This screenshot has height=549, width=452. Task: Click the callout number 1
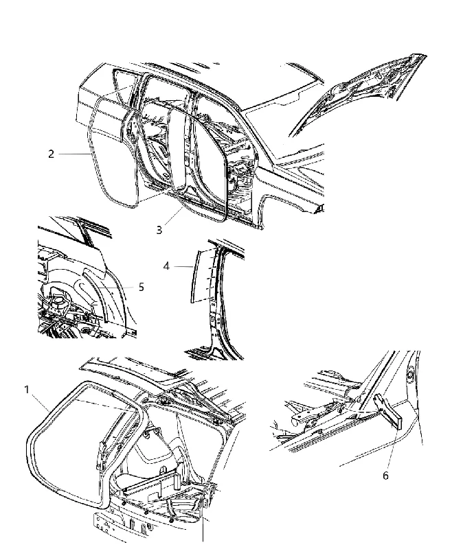(27, 389)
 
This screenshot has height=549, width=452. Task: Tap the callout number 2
(51, 154)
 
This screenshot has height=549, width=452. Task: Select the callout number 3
(159, 230)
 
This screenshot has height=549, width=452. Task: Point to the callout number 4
(166, 266)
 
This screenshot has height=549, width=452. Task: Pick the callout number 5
(142, 287)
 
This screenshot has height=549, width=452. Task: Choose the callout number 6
(385, 476)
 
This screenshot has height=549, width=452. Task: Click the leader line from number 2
(74, 154)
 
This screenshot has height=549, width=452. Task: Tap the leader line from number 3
(173, 216)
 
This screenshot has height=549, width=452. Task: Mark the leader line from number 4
(183, 266)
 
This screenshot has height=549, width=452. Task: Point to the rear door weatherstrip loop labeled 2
(92, 154)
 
